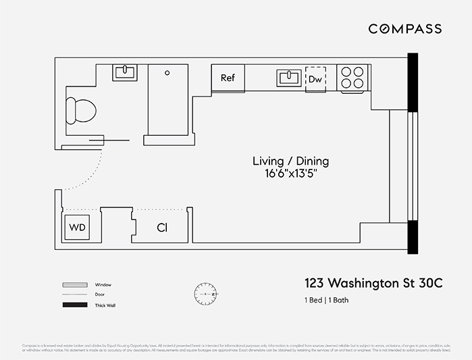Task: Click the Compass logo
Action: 404,28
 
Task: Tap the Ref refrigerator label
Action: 228,78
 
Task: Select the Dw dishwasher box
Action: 315,78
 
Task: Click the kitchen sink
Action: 288,78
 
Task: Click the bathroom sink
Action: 124,72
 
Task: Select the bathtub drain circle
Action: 167,71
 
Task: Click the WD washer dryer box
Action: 78,228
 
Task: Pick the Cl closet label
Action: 162,228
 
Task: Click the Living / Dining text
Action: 290,161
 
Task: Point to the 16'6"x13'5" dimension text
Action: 290,174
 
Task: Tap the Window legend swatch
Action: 75,285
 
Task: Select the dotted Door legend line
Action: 75,295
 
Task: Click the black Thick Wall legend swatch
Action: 75,305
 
